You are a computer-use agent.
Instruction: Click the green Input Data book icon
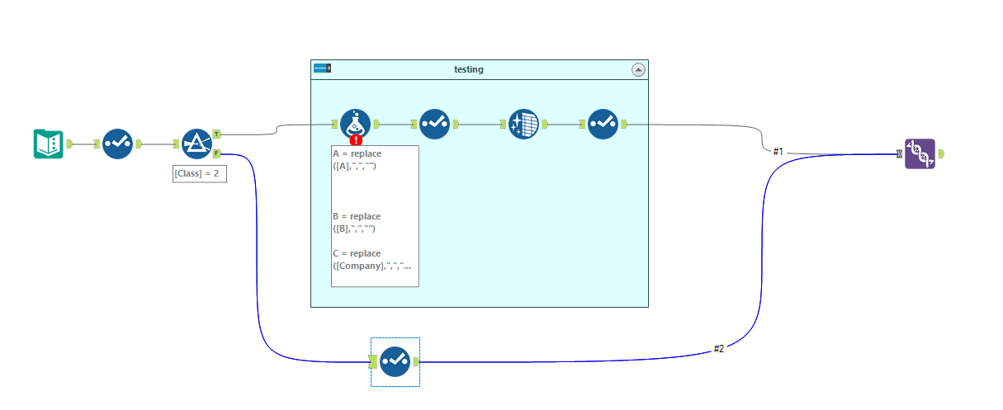click(x=49, y=144)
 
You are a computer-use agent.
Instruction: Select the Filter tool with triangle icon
click(x=196, y=144)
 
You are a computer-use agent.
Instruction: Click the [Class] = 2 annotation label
click(x=199, y=174)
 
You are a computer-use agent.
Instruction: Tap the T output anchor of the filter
click(x=216, y=134)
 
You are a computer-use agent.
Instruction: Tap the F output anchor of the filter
click(x=216, y=153)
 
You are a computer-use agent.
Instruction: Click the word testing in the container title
click(x=468, y=70)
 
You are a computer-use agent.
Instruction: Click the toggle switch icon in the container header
click(x=322, y=69)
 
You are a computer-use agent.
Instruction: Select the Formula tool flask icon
click(x=355, y=124)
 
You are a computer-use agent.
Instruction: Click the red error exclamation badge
click(x=357, y=139)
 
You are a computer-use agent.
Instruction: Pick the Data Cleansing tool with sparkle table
click(x=523, y=124)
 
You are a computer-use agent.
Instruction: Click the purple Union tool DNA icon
click(x=920, y=153)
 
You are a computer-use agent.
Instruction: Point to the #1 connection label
click(x=778, y=151)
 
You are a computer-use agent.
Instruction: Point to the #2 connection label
click(x=718, y=349)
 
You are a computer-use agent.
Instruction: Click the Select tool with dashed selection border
click(x=395, y=361)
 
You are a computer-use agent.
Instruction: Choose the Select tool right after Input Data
click(x=117, y=144)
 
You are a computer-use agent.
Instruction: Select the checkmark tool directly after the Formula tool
click(x=434, y=124)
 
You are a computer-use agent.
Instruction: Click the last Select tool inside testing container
click(x=603, y=124)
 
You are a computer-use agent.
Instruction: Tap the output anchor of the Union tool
click(x=941, y=153)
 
